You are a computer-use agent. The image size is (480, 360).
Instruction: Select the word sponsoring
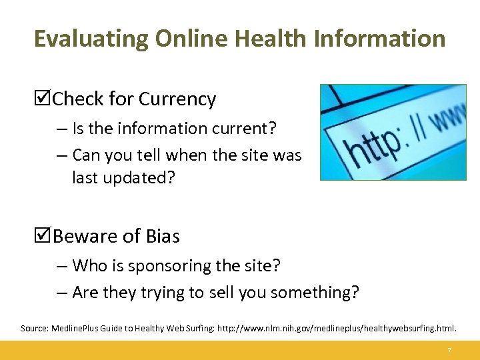(x=167, y=266)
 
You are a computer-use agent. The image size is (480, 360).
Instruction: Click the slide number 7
(x=450, y=351)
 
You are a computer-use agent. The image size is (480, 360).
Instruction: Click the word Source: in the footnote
(x=34, y=329)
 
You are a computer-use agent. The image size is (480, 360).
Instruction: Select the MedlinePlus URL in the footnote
(x=333, y=329)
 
